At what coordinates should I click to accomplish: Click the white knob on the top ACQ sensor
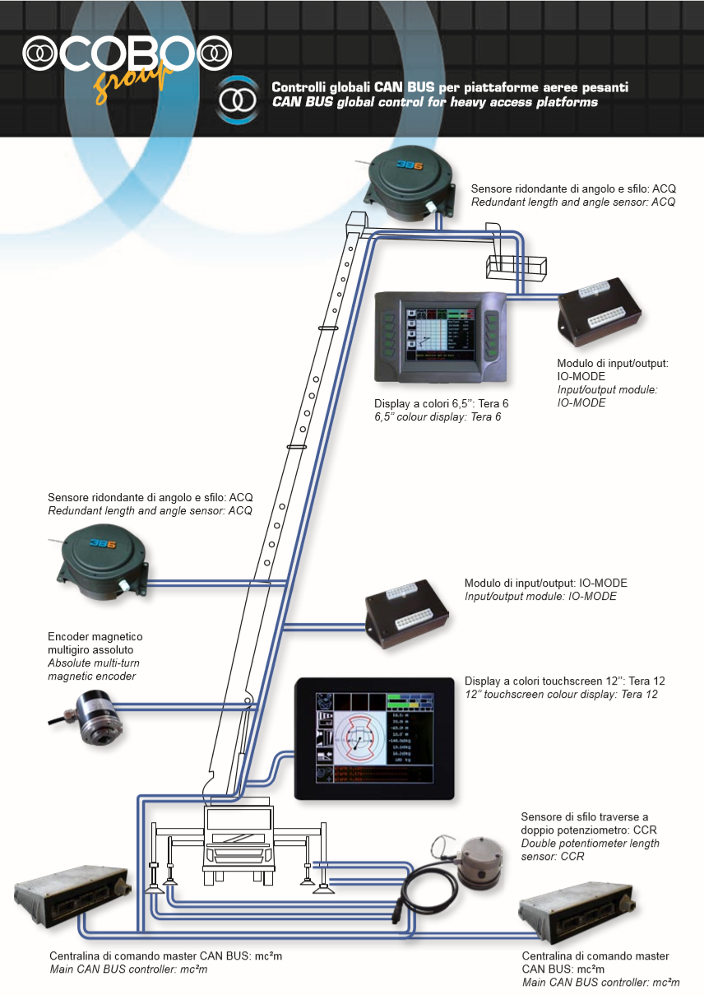coord(428,205)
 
